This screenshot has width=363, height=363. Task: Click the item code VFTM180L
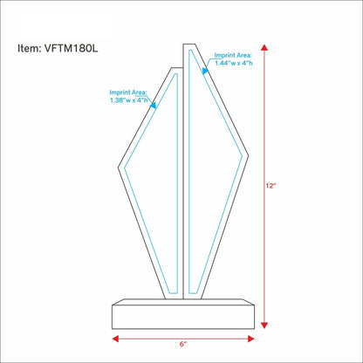click(x=71, y=48)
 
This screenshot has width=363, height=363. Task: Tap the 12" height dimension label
click(x=271, y=186)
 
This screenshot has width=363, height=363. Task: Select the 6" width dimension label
click(x=183, y=344)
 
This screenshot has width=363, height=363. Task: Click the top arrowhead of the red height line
click(x=264, y=48)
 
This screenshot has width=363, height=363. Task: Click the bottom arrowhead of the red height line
click(x=264, y=325)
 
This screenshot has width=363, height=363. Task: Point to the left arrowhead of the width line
click(x=115, y=339)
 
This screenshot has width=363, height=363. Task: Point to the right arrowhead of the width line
click(x=251, y=339)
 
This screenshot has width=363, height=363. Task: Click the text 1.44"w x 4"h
click(x=234, y=63)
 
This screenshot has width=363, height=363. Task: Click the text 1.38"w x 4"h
click(x=129, y=100)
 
